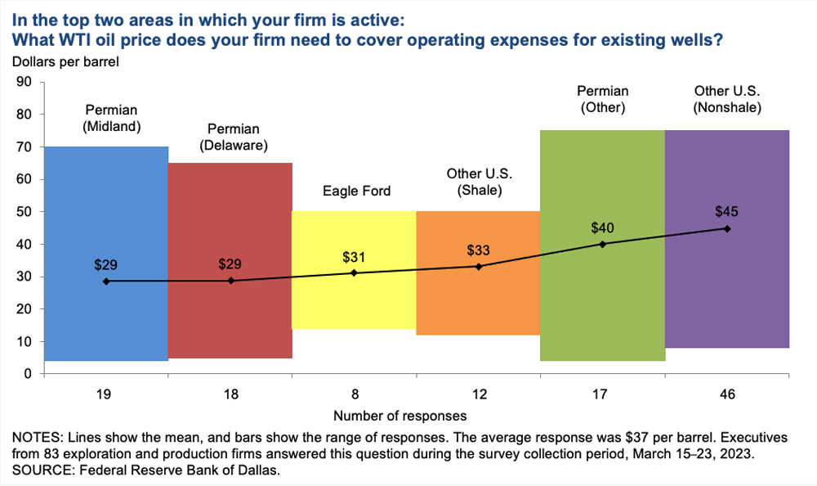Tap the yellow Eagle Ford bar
[354, 303]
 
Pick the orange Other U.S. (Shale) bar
[478, 303]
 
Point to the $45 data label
[726, 211]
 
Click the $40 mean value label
[603, 227]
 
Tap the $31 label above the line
[354, 256]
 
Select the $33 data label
[478, 250]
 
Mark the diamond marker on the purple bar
[727, 228]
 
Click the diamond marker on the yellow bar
[354, 272]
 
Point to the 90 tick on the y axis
[25, 82]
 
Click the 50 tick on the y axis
[25, 212]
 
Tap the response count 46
[727, 394]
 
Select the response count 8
[354, 394]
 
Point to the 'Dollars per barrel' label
[65, 61]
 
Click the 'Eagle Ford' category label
[355, 191]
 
